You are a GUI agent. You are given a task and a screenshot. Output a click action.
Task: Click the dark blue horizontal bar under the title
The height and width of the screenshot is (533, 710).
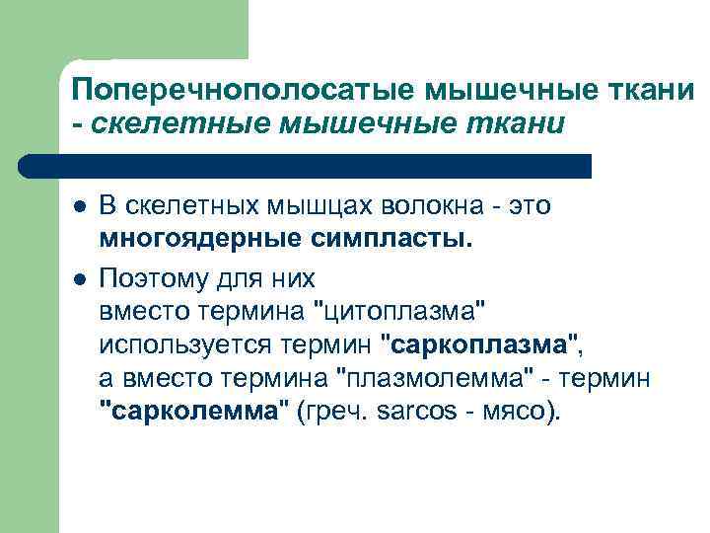coord(306,166)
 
